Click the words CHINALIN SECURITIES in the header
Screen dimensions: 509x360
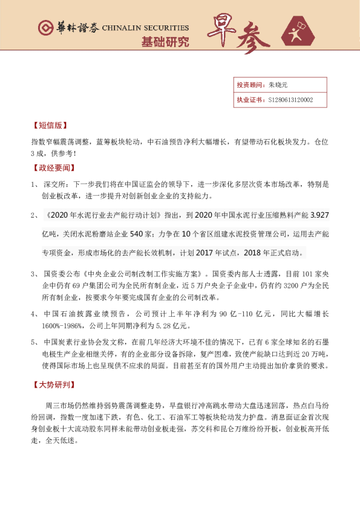(146, 28)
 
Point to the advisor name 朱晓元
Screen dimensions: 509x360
(279, 85)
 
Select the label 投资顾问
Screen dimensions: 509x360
(248, 85)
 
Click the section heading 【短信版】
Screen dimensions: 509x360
(48, 126)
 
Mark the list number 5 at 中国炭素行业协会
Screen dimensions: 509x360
(34, 342)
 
